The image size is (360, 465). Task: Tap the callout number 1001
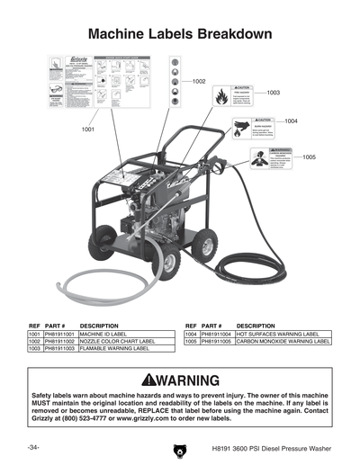point(88,130)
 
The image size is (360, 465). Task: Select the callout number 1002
point(200,82)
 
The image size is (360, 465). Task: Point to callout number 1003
point(274,93)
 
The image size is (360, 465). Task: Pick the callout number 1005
point(309,158)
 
